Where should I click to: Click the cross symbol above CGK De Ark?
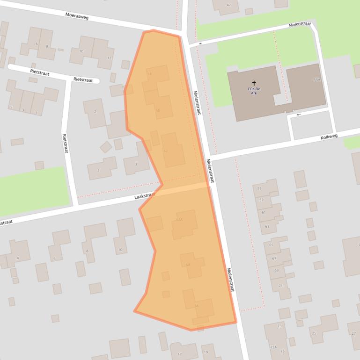[254, 83]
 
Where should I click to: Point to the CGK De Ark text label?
[254, 91]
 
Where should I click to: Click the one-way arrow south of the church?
[298, 114]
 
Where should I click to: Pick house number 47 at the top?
[228, 5]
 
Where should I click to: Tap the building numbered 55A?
[317, 80]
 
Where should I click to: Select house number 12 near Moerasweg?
[109, 58]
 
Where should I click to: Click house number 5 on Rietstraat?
[11, 108]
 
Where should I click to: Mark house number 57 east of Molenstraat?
[259, 188]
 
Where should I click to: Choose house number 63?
[267, 226]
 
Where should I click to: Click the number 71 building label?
[280, 286]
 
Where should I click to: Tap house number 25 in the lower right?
[314, 333]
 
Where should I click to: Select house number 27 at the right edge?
[353, 333]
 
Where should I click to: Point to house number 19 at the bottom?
[206, 352]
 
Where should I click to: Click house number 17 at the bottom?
[179, 354]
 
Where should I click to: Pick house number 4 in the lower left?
[18, 258]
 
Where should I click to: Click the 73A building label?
[273, 347]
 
